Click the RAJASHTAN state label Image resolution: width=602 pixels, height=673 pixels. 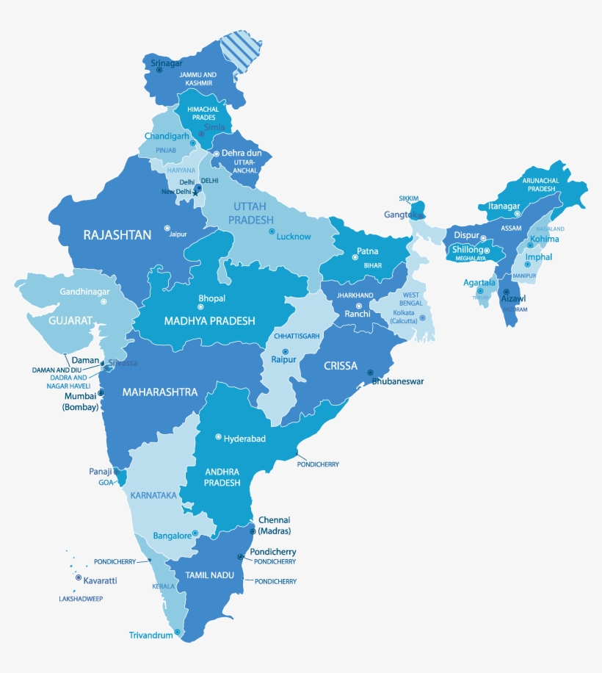[117, 235]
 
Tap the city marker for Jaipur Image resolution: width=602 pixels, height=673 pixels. [167, 228]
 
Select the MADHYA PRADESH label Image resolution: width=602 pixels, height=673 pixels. [210, 321]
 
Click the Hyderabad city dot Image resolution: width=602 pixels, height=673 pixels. [218, 437]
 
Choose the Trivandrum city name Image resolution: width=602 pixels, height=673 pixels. [150, 635]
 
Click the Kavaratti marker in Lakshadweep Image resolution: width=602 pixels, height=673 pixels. [78, 577]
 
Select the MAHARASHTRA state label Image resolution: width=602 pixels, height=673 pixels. [160, 392]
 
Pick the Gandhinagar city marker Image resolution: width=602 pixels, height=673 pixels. [104, 301]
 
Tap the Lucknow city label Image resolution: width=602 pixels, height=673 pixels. [294, 237]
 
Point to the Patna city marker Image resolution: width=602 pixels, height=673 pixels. [351, 256]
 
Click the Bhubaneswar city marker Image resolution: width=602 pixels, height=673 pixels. [371, 373]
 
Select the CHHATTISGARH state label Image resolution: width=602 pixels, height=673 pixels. [297, 336]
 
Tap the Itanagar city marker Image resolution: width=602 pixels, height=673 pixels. [516, 214]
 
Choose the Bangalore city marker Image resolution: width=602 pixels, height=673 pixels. [195, 533]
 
